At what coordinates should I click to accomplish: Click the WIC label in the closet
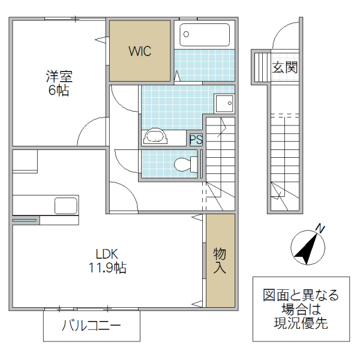140,51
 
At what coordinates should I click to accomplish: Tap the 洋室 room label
59,77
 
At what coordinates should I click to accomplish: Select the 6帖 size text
59,91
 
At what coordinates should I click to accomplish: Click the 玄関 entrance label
284,67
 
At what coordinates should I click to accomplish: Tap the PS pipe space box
196,140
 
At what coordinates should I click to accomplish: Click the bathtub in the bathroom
205,35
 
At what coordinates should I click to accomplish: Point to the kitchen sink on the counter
65,206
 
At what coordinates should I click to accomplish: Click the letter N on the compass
320,228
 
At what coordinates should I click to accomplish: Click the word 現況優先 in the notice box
301,324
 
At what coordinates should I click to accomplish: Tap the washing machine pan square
224,104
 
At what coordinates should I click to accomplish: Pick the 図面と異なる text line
301,296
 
